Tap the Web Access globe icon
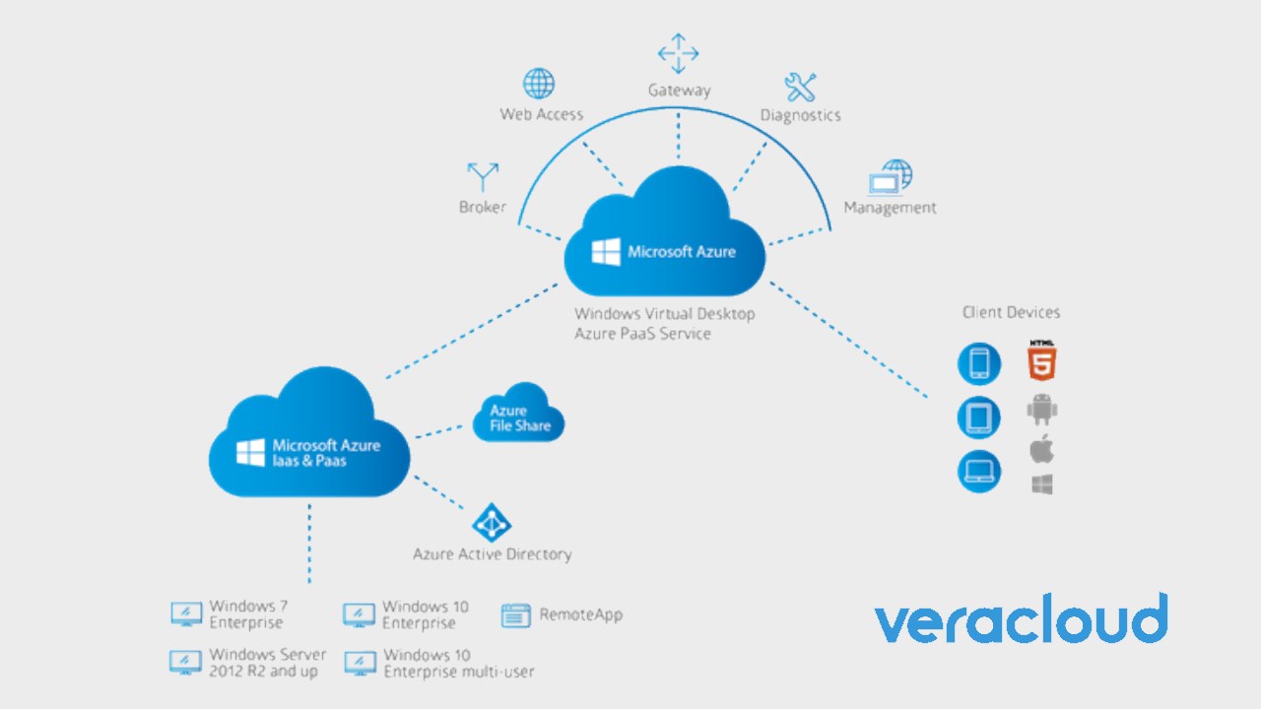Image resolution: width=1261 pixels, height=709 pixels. click(539, 84)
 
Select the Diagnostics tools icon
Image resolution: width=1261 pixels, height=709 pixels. click(800, 87)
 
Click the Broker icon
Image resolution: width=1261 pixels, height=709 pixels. click(483, 177)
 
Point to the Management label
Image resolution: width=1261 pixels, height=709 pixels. click(890, 208)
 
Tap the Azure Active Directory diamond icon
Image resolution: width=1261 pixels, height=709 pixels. click(492, 523)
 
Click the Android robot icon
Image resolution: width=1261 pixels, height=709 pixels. click(1041, 409)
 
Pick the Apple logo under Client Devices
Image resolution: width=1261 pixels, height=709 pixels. click(1041, 450)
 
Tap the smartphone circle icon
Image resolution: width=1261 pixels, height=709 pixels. click(979, 364)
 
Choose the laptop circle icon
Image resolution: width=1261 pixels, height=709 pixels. click(979, 472)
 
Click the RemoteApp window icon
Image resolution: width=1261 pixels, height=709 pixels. click(516, 615)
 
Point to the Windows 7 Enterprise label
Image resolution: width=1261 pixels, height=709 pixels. click(247, 614)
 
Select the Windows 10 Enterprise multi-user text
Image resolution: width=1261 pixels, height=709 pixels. click(458, 663)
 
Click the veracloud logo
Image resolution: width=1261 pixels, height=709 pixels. click(1021, 620)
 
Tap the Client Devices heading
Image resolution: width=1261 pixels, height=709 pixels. click(1011, 312)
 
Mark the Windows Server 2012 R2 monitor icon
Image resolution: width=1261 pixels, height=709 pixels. click(186, 663)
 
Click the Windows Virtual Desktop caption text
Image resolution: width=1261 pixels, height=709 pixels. click(664, 323)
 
